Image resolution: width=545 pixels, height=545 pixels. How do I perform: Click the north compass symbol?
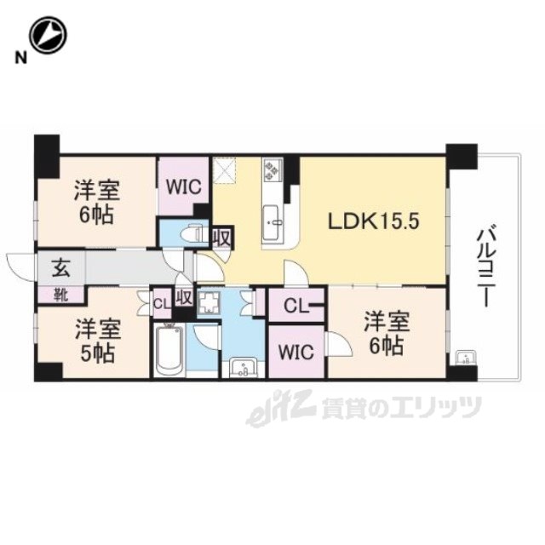coord(48,35)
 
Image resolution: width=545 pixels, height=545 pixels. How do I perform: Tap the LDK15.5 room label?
coord(374,221)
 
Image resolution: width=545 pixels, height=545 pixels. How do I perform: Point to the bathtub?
coord(169,349)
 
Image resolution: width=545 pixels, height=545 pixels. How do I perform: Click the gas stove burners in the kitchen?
coord(272,170)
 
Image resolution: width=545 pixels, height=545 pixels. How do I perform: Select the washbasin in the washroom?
coord(244,368)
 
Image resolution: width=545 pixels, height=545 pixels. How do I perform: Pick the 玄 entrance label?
coord(61,269)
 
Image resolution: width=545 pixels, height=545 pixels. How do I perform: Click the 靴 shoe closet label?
coord(60,295)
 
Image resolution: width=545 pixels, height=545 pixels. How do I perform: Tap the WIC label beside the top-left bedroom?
coord(183,187)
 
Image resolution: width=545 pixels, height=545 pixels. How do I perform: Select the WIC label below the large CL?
coord(296,352)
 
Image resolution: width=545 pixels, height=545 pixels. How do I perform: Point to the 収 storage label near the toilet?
coord(221,238)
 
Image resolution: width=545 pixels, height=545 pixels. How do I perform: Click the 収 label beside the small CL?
coord(184,298)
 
